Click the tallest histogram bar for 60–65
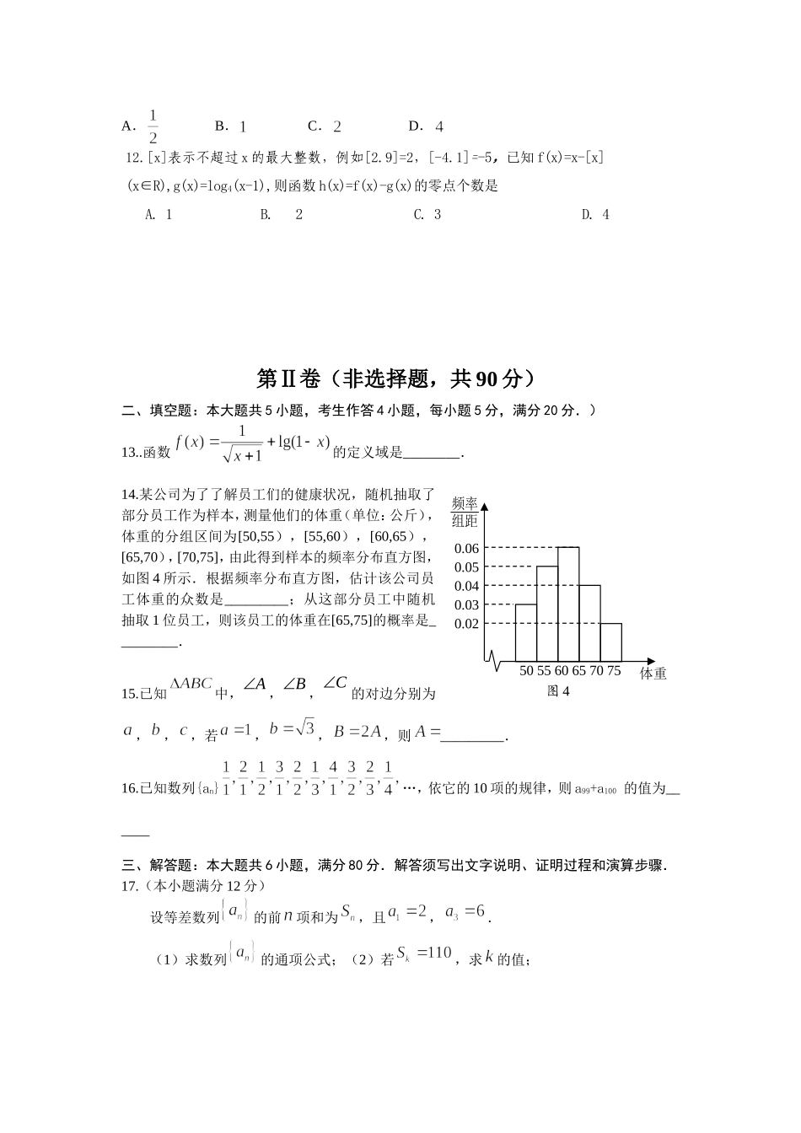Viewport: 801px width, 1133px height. (568, 604)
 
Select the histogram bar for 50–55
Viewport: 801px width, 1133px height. (525, 632)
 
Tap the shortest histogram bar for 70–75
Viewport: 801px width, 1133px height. (611, 642)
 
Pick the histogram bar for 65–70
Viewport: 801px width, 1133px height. (589, 623)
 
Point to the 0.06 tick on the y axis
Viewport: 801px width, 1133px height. (466, 549)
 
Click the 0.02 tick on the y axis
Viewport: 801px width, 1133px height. (466, 624)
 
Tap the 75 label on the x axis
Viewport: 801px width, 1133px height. (614, 671)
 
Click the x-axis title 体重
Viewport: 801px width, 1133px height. (653, 674)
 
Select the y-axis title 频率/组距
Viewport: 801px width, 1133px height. (465, 512)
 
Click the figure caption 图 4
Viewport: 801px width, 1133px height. (558, 691)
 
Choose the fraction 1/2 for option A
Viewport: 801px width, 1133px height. (153, 126)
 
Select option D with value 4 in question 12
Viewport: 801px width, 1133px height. (595, 215)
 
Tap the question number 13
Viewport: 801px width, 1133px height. (130, 453)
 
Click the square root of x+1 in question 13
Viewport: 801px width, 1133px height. (242, 455)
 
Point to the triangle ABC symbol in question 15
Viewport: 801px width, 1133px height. (191, 684)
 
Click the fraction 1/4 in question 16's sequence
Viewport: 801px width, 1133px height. (388, 778)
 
